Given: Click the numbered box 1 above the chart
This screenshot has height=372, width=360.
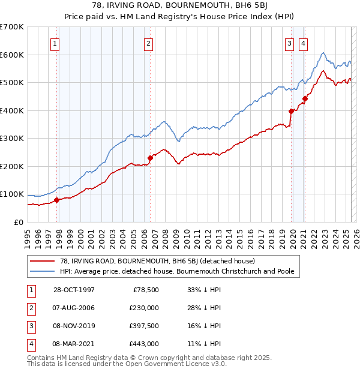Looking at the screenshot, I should click(x=55, y=43).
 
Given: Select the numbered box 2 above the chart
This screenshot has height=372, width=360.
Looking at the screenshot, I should click(x=148, y=43).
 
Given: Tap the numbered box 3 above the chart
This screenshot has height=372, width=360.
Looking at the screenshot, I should click(x=289, y=43).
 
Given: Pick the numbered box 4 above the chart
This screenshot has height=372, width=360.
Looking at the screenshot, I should click(x=304, y=43).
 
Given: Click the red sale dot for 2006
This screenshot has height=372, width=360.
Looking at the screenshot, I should click(x=150, y=158).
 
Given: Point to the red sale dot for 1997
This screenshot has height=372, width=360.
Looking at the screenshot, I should click(x=57, y=200).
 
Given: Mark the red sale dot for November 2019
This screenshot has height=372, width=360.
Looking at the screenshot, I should click(x=291, y=111).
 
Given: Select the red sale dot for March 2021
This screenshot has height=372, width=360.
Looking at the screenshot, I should click(x=305, y=98).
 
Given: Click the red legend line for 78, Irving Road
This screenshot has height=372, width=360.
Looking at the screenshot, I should click(x=42, y=261).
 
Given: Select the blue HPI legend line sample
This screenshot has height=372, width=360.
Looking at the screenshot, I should click(x=42, y=271).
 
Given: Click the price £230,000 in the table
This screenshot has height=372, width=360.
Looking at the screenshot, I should click(x=144, y=308).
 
